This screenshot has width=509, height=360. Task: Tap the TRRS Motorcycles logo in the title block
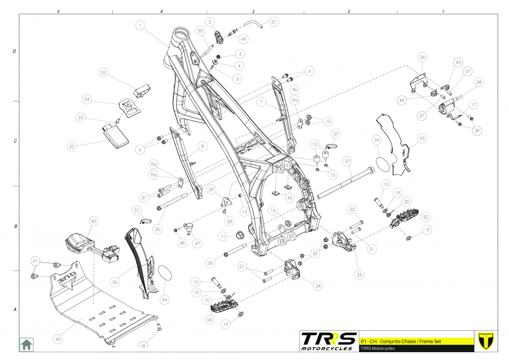pos(329,340)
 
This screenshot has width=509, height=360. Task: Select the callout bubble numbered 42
pos(58,339)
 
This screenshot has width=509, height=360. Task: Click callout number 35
pos(104,73)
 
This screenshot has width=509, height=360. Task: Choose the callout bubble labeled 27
pos(347,162)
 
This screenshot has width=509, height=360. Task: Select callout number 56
pos(115,281)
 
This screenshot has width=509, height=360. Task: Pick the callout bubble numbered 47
pos(197,243)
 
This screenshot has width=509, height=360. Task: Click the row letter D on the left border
pos(14,51)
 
